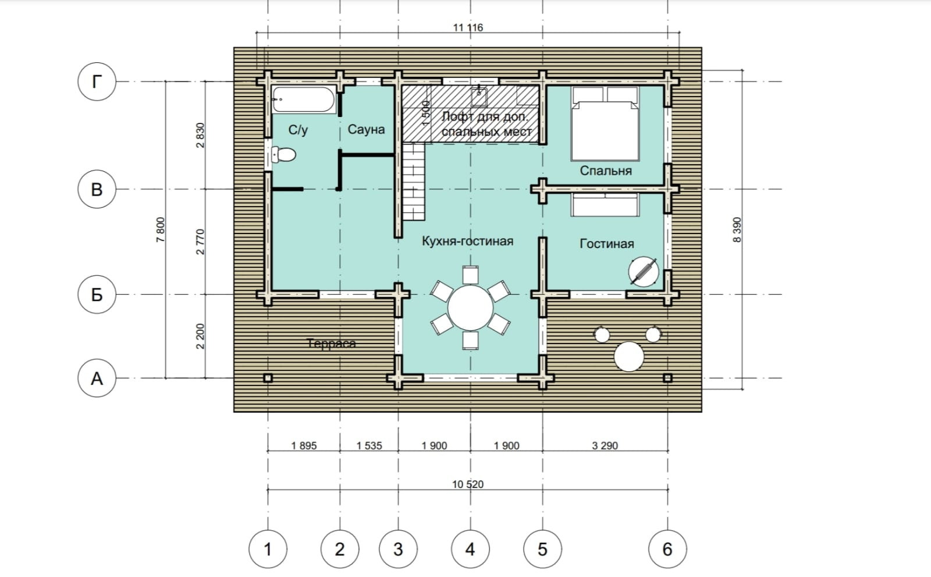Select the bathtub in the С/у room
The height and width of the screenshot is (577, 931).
pyautogui.click(x=303, y=100)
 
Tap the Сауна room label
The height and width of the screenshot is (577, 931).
pyautogui.click(x=366, y=129)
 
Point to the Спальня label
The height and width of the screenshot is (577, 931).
pyautogui.click(x=606, y=171)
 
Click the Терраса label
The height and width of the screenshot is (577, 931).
pyautogui.click(x=331, y=344)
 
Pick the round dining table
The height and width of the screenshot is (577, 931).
pyautogui.click(x=471, y=307)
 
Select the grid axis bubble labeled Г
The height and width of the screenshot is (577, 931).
pyautogui.click(x=97, y=82)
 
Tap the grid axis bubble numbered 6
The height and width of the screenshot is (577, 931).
pyautogui.click(x=667, y=549)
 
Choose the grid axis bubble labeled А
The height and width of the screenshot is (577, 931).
pyautogui.click(x=97, y=378)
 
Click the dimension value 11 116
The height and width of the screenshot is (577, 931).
pyautogui.click(x=468, y=27)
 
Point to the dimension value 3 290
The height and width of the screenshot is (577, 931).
pyautogui.click(x=605, y=445)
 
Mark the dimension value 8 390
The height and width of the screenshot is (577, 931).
pyautogui.click(x=737, y=229)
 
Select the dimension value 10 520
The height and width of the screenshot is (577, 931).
pyautogui.click(x=468, y=484)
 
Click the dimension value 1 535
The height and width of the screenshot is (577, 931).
pyautogui.click(x=369, y=445)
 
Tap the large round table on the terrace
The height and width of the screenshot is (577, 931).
pyautogui.click(x=629, y=356)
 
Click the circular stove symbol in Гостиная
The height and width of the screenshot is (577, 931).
pyautogui.click(x=644, y=272)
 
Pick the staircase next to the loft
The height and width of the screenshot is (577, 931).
pyautogui.click(x=414, y=182)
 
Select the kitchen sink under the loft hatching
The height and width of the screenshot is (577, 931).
pyautogui.click(x=479, y=97)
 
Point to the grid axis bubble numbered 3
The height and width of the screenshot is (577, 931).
pyautogui.click(x=398, y=549)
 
